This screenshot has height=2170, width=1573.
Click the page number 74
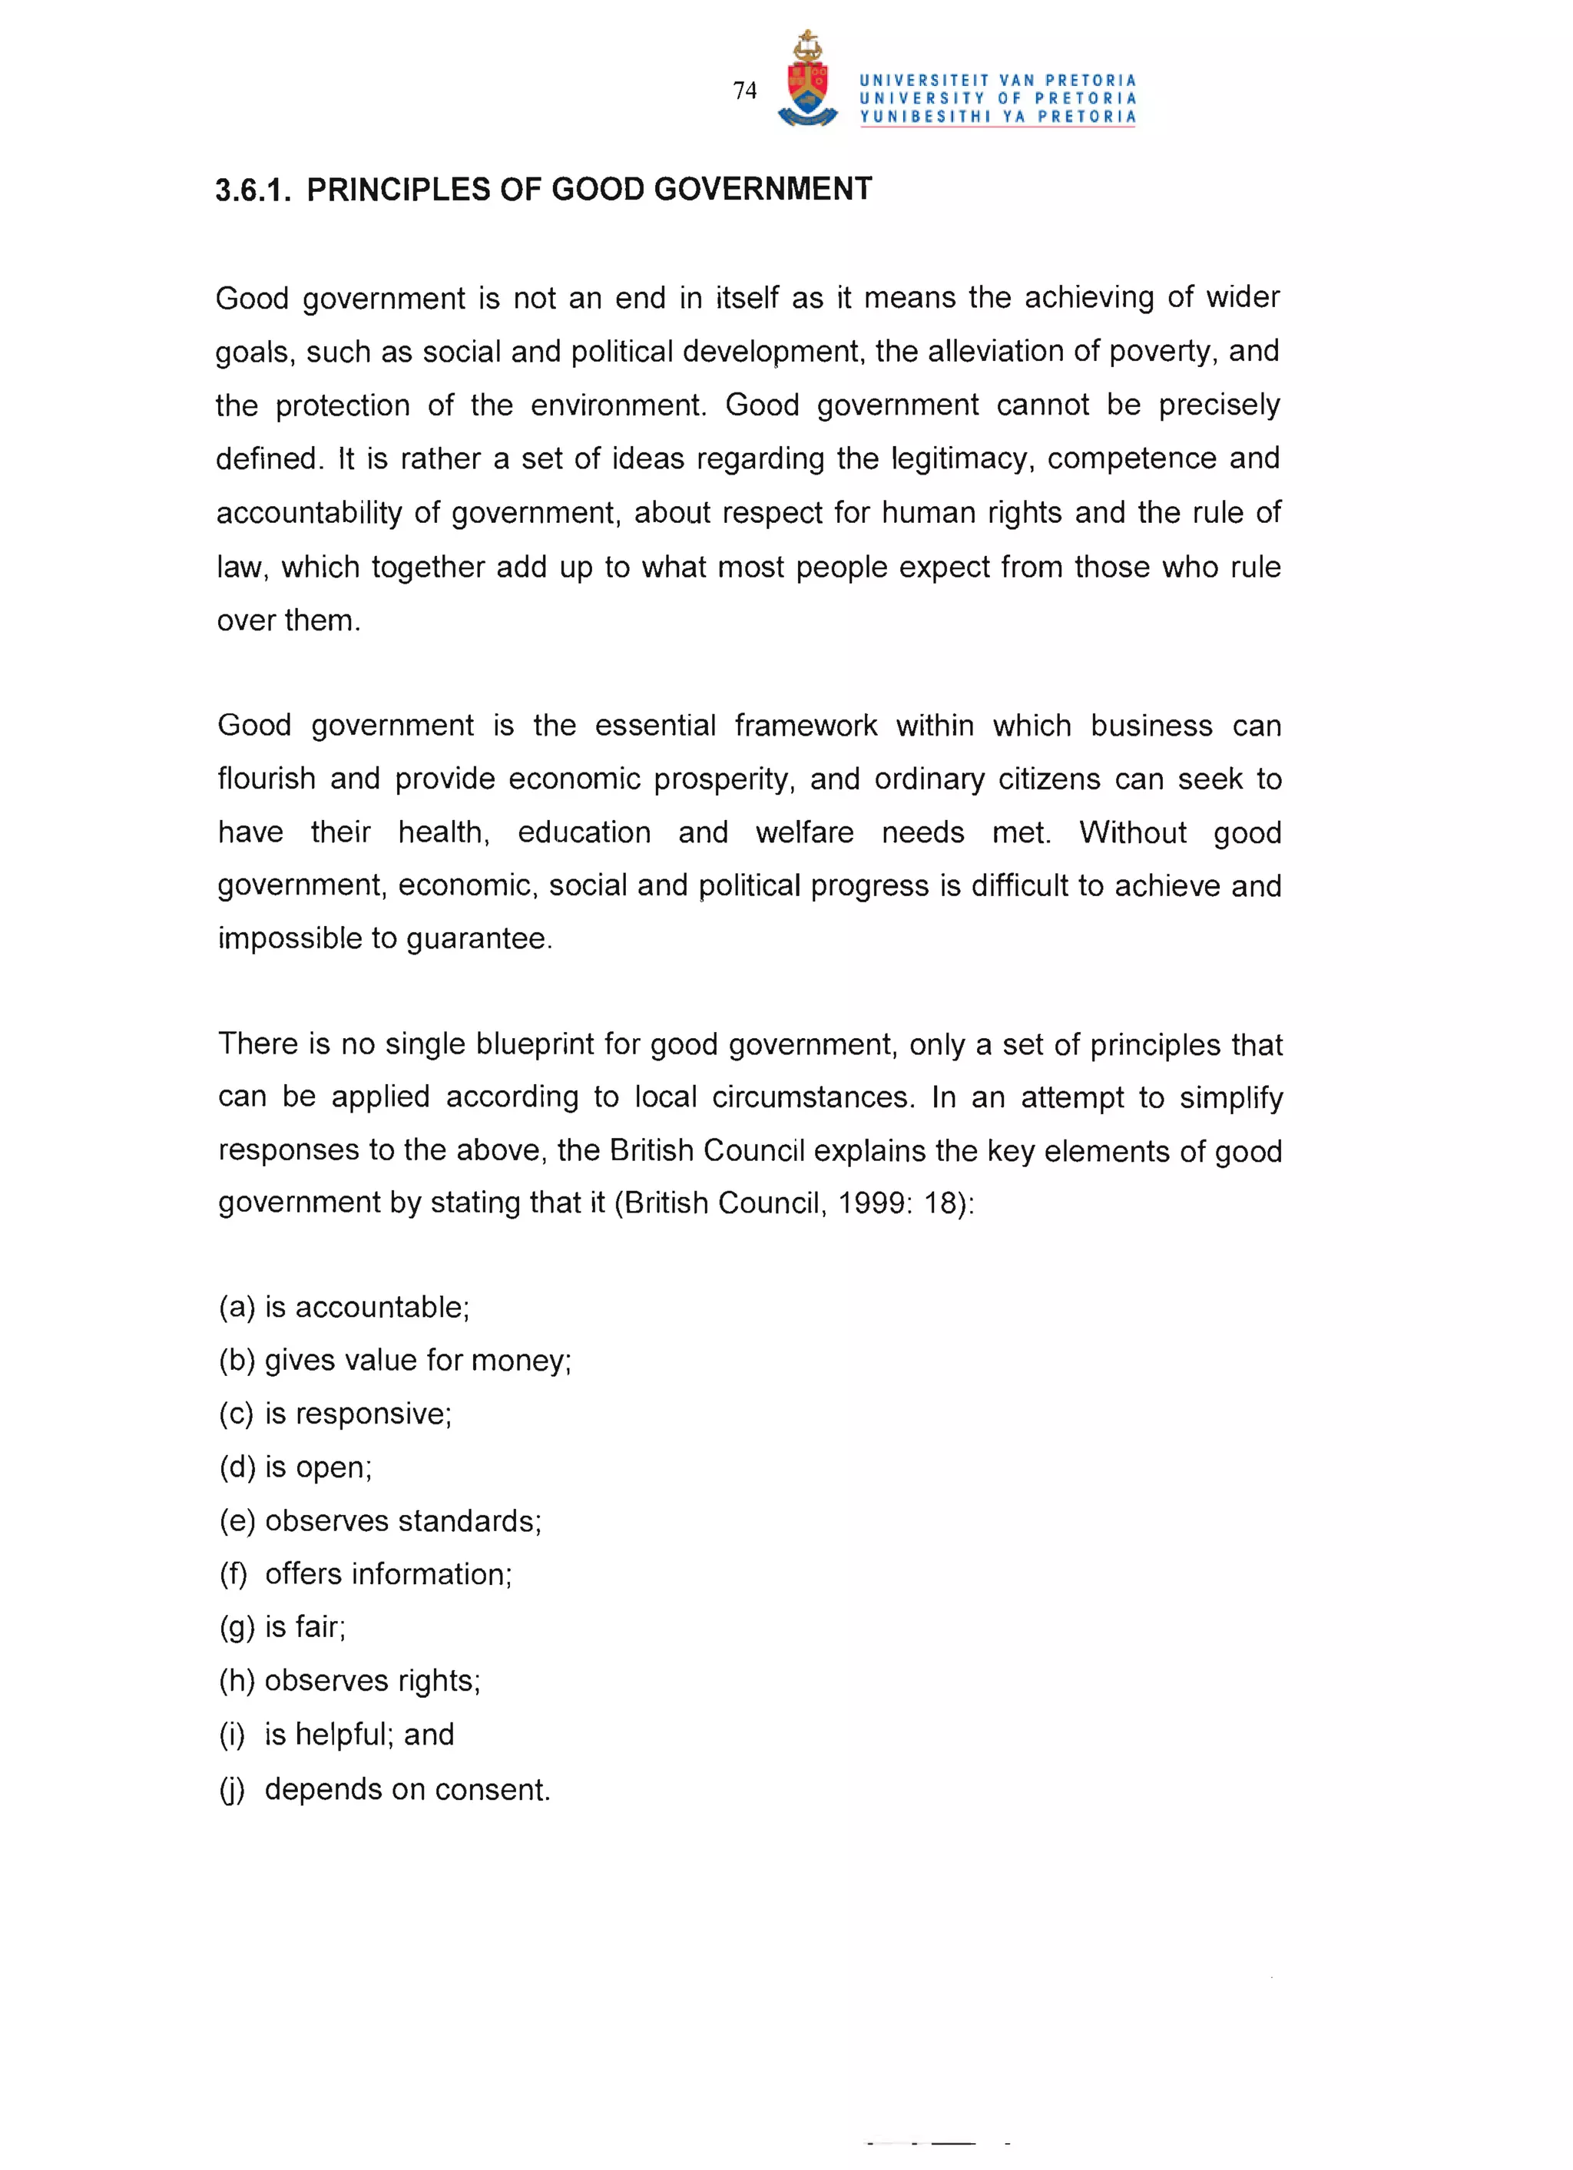coord(744,91)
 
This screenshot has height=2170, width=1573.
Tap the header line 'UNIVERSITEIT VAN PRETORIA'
coord(997,81)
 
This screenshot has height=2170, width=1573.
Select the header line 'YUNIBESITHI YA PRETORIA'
coord(997,117)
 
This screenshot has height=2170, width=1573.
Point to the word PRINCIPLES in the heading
coord(398,190)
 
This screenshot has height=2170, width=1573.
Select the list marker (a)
coord(237,1307)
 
